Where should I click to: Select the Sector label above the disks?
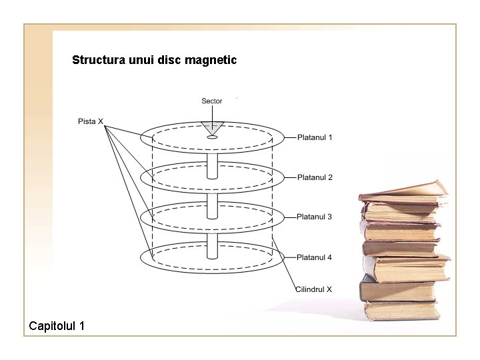(x=212, y=101)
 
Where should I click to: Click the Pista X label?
(x=91, y=121)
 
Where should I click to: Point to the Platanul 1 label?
(x=315, y=137)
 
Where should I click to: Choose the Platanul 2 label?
(x=315, y=177)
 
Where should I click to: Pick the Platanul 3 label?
(x=315, y=217)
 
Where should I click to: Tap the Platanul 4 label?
(x=315, y=257)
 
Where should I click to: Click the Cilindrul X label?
(x=313, y=289)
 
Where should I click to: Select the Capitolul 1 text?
(x=57, y=326)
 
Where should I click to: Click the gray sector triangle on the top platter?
(x=213, y=127)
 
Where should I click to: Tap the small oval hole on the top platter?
(x=212, y=137)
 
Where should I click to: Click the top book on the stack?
(x=403, y=191)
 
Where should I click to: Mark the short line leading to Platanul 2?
(x=288, y=177)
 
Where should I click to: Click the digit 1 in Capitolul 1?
(x=81, y=326)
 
